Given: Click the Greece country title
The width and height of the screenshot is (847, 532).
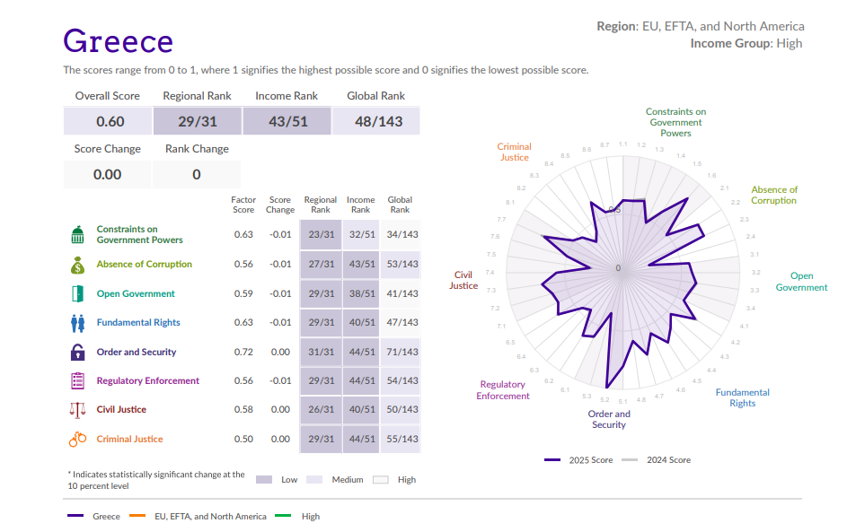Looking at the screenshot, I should tap(118, 41).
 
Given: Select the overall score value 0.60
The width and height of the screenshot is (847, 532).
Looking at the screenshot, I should tap(110, 121).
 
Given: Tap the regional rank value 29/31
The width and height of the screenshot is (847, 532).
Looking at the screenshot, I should tap(198, 121).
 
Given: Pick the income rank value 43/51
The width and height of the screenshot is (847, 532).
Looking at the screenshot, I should tap(287, 121).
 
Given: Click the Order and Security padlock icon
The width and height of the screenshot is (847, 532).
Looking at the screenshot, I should tap(77, 353).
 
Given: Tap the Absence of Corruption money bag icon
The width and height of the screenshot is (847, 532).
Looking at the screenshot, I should tap(77, 265).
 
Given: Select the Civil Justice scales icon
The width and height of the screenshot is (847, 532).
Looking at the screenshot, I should tap(77, 410).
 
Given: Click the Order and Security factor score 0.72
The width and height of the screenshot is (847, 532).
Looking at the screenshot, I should tap(243, 353).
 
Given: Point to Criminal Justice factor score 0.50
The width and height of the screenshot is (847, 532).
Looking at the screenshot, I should tap(243, 440).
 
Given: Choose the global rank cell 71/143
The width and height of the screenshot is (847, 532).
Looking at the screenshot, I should tap(401, 353).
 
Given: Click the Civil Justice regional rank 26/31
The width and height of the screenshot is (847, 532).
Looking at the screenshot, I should tap(321, 410).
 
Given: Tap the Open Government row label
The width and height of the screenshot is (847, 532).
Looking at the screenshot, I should tap(136, 294).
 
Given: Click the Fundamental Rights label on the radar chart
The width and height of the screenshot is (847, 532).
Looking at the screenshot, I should tap(742, 397).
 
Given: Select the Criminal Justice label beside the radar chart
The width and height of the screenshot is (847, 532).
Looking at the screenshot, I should tap(514, 152).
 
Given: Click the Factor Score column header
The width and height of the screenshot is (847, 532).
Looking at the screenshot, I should tap(243, 205).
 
